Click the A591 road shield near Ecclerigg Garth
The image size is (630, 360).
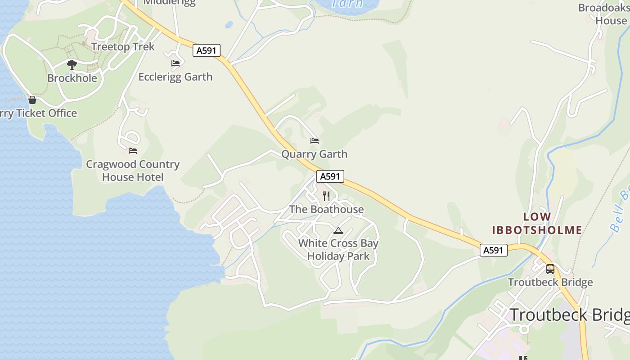tap(207, 50)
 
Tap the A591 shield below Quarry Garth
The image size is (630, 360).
tap(330, 176)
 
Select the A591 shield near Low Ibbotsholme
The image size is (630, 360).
tap(493, 250)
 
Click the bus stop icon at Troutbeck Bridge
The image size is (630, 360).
tap(550, 269)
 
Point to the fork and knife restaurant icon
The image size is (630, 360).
tap(326, 196)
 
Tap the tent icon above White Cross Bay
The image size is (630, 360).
tap(338, 231)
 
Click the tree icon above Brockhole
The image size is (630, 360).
tap(72, 65)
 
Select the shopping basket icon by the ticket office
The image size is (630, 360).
tap(32, 100)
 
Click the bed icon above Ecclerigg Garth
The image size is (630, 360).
tap(175, 63)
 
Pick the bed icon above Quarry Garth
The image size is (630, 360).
tap(315, 141)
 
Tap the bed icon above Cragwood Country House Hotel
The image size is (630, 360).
tap(132, 150)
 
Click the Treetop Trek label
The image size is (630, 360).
tap(123, 47)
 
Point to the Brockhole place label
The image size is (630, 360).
tap(72, 78)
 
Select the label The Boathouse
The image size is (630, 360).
tap(326, 209)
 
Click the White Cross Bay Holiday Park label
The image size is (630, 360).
tap(338, 250)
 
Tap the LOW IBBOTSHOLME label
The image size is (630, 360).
tap(537, 224)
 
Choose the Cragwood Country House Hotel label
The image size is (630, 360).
tap(133, 171)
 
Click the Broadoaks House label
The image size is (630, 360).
tap(603, 14)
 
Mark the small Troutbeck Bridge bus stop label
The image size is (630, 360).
tap(550, 283)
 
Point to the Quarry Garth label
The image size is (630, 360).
tap(314, 154)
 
